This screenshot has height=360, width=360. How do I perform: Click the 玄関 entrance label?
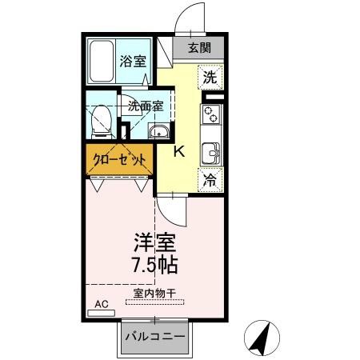coord(200,47)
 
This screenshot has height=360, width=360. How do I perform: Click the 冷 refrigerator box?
coord(210,181)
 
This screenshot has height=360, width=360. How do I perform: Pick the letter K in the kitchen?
coord(180,151)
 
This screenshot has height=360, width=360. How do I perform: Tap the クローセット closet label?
coord(118,158)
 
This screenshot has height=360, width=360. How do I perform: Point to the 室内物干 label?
coord(153,292)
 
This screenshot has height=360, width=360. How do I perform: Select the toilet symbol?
coord(101,121)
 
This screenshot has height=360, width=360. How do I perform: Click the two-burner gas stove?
coord(213,118)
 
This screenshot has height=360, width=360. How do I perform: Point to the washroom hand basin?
coord(159,133)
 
